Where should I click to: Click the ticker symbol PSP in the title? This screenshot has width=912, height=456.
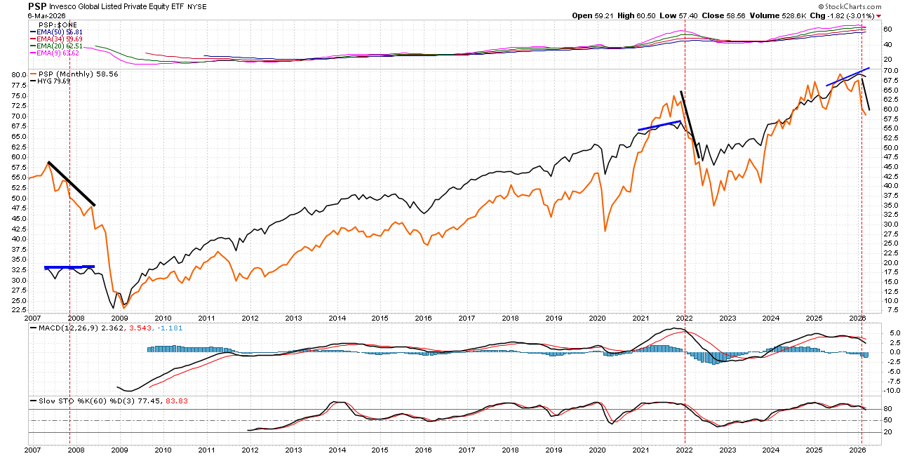click(x=37, y=6)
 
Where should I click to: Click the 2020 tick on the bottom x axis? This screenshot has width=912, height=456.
click(x=597, y=449)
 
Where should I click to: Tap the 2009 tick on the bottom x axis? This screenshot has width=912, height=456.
click(x=119, y=449)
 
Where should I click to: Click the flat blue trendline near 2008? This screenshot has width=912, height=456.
click(x=69, y=267)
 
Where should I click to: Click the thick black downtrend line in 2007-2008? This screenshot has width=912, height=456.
click(x=71, y=184)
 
